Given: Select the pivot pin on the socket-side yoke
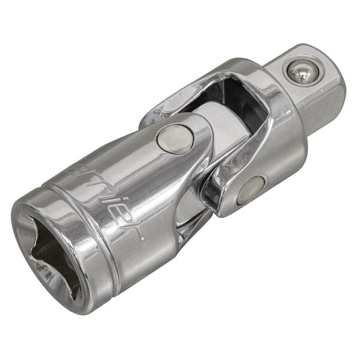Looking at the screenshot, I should [174, 140].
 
